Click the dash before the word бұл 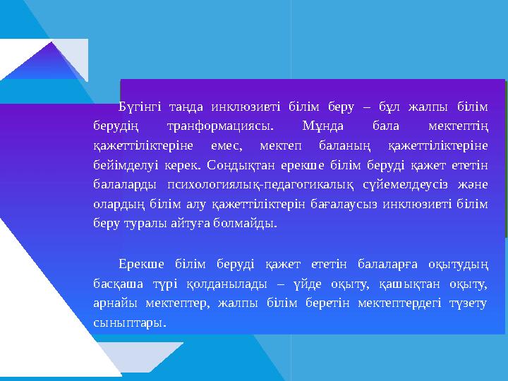click(365, 107)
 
